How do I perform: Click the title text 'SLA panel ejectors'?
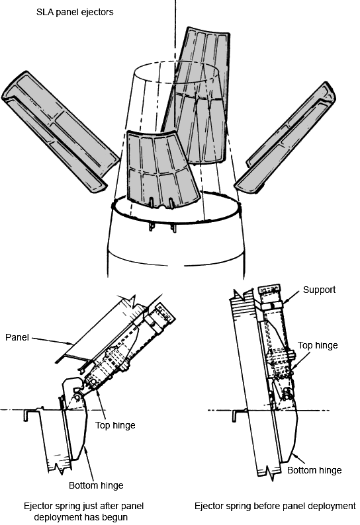pyautogui.click(x=75, y=13)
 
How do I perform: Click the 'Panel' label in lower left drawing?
pyautogui.click(x=17, y=337)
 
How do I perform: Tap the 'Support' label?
pyautogui.click(x=319, y=290)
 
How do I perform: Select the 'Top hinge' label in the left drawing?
pyautogui.click(x=115, y=426)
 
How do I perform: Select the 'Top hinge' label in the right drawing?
pyautogui.click(x=318, y=346)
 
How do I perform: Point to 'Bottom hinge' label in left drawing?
pyautogui.click(x=96, y=485)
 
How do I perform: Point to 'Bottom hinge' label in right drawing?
pyautogui.click(x=314, y=470)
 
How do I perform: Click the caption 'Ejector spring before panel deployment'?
pyautogui.click(x=275, y=506)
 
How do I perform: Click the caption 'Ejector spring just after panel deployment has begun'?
pyautogui.click(x=83, y=511)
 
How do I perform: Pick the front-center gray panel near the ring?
pyautogui.click(x=161, y=171)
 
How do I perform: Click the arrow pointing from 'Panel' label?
pyautogui.click(x=53, y=341)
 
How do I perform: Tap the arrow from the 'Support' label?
pyautogui.click(x=291, y=298)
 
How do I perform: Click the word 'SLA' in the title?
pyautogui.click(x=44, y=13)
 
